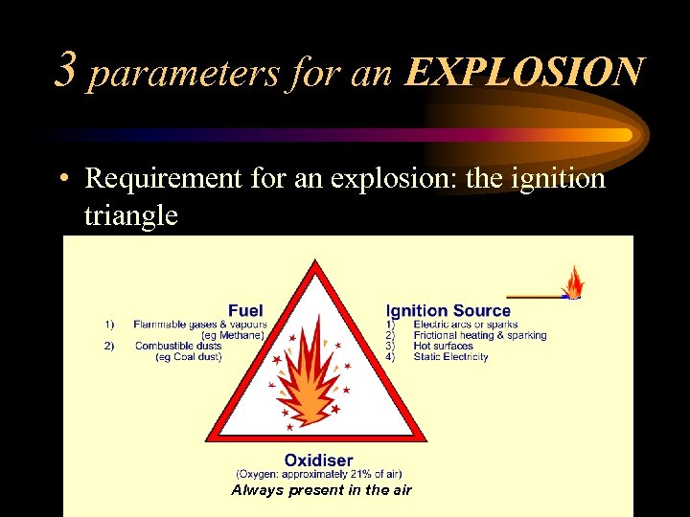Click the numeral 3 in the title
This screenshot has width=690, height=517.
click(66, 69)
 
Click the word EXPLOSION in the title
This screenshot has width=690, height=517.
click(523, 72)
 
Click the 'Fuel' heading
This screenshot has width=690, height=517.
click(245, 310)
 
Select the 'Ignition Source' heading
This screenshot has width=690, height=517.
click(448, 310)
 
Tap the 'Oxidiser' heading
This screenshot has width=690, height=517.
click(318, 461)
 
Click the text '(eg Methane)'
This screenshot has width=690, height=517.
click(234, 335)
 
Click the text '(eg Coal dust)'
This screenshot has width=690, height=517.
click(189, 357)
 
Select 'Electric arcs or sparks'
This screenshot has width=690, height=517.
click(465, 325)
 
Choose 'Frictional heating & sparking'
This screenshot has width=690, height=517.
click(479, 335)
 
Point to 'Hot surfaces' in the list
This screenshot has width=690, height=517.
click(443, 346)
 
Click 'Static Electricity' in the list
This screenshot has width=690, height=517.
click(450, 357)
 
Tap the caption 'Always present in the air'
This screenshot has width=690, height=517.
click(322, 489)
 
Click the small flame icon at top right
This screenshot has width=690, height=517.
click(573, 282)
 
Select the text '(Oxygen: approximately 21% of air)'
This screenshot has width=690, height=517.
click(319, 474)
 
